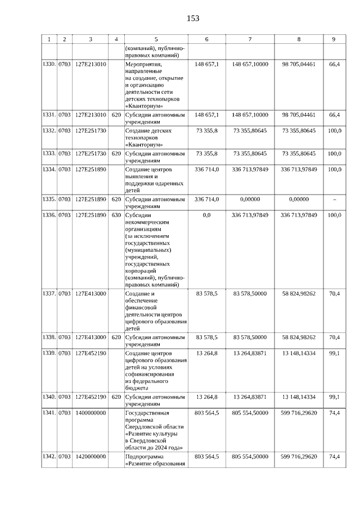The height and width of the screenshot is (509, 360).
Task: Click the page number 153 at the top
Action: pyautogui.click(x=193, y=18)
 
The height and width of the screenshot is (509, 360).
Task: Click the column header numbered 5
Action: pyautogui.click(x=156, y=39)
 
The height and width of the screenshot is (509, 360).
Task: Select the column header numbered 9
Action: pyautogui.click(x=334, y=39)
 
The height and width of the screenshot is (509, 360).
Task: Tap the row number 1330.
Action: pyautogui.click(x=49, y=65)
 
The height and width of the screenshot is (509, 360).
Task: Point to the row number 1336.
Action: pyautogui.click(x=49, y=215)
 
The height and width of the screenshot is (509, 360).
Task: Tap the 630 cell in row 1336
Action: pyautogui.click(x=116, y=215)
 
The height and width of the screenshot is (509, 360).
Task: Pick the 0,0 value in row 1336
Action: pyautogui.click(x=206, y=215)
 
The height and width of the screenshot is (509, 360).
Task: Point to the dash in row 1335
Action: pyautogui.click(x=335, y=199)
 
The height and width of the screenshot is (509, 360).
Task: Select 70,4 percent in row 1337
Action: pyautogui.click(x=335, y=293)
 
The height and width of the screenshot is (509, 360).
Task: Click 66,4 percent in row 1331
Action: pyautogui.click(x=335, y=114)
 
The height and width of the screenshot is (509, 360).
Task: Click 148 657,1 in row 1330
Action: pyautogui.click(x=206, y=65)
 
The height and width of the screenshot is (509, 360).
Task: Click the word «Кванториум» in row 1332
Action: pyautogui.click(x=142, y=144)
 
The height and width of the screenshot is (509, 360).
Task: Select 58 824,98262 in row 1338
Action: pyautogui.click(x=299, y=337)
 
